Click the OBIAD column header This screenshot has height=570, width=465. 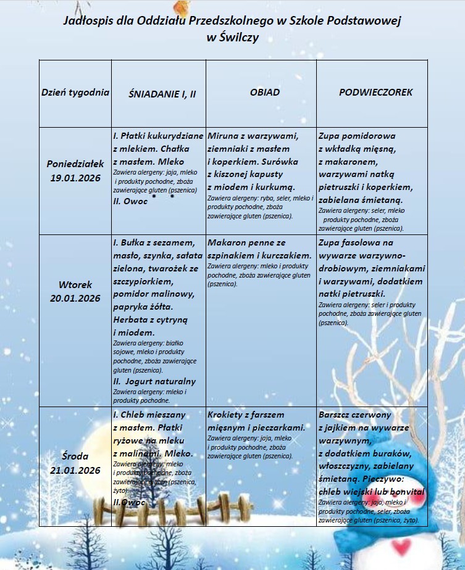[264, 93]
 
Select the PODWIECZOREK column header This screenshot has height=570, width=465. [375, 93]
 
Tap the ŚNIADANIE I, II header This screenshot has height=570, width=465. [162, 94]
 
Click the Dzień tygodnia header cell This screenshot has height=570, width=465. [75, 93]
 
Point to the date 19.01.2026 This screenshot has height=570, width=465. [75, 177]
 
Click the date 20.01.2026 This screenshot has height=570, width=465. [75, 298]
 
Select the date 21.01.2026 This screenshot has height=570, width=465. [75, 470]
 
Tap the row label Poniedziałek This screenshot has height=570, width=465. [75, 164]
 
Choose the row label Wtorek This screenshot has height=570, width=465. [75, 285]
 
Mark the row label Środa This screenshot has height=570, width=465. [75, 456]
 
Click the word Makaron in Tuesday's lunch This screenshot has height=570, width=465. [228, 243]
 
